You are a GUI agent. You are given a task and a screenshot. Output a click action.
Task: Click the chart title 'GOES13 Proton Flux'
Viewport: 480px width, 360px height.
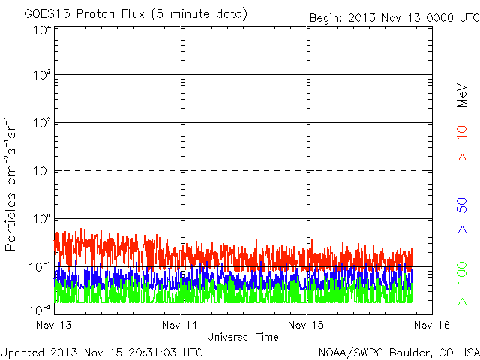click(84, 14)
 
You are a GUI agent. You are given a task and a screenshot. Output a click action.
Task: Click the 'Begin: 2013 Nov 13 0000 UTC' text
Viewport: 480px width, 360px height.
click(394, 18)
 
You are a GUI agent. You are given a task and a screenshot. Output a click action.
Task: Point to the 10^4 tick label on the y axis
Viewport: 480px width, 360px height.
click(42, 31)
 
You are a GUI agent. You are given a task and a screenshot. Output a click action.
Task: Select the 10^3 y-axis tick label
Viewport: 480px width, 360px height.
click(42, 75)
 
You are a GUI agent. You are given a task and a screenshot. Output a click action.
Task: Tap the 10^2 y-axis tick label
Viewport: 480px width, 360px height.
click(42, 123)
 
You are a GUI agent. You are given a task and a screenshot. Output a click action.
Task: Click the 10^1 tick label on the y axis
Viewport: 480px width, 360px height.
click(42, 171)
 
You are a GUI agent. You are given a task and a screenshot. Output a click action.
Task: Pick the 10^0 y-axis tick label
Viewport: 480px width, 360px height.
click(42, 219)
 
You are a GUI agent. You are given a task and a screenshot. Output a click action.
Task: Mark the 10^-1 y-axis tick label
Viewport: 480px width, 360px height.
click(40, 267)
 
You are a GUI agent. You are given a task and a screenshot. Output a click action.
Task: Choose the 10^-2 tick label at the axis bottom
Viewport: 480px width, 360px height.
click(40, 310)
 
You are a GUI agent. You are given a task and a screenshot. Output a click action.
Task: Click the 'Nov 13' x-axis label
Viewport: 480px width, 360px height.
click(54, 325)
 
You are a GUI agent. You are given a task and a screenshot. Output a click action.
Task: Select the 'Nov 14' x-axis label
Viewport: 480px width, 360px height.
click(180, 325)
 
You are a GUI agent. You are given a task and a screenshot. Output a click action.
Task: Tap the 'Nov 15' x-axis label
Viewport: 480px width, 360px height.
click(306, 325)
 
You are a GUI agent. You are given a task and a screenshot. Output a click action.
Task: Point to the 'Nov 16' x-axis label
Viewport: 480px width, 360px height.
click(432, 325)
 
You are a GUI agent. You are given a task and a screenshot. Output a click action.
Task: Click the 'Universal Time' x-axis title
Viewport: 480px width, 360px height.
click(243, 337)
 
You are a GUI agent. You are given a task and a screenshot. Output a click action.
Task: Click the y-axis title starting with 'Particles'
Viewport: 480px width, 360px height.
click(10, 184)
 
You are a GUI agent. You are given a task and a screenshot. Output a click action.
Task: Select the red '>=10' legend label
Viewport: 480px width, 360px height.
click(462, 143)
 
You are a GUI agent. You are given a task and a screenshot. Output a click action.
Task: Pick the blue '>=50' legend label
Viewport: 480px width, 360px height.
click(462, 215)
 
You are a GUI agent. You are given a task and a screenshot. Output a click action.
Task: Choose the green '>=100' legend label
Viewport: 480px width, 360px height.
click(462, 283)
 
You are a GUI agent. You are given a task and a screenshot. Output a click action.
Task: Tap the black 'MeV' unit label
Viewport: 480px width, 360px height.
click(462, 95)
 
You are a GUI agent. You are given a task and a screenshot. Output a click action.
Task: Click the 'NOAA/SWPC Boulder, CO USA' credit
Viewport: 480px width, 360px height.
click(399, 352)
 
